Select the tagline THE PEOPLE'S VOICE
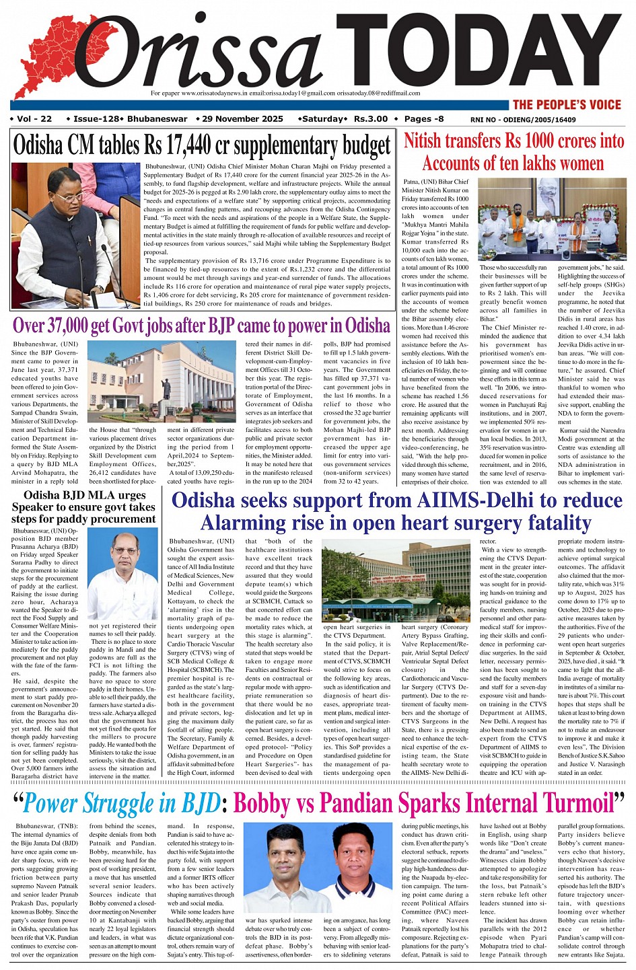566,104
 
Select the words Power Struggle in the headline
121,804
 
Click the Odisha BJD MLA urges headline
84,496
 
